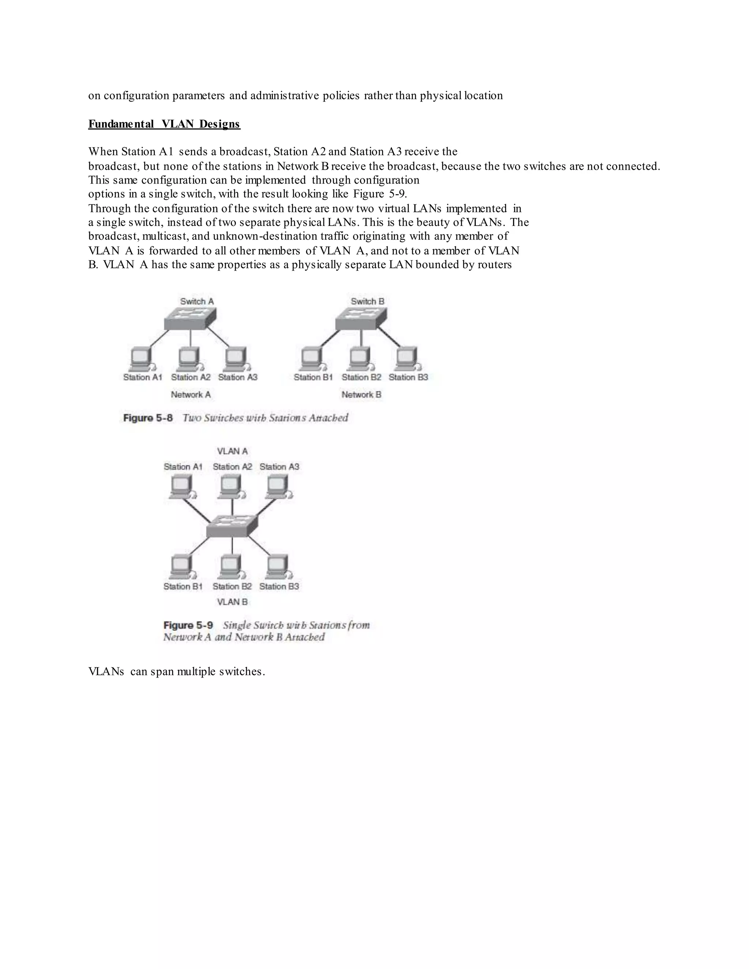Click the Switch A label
tap(196, 301)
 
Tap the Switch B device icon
tap(361, 318)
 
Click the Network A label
tap(191, 395)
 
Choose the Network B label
tap(361, 395)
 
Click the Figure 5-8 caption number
tap(148, 418)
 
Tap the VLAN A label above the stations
tap(232, 451)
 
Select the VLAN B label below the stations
tap(232, 602)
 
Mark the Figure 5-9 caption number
tap(188, 625)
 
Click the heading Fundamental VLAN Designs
tap(164, 124)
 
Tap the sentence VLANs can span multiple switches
tap(177, 672)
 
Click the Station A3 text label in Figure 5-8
tap(238, 377)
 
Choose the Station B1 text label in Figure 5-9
tap(183, 587)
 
